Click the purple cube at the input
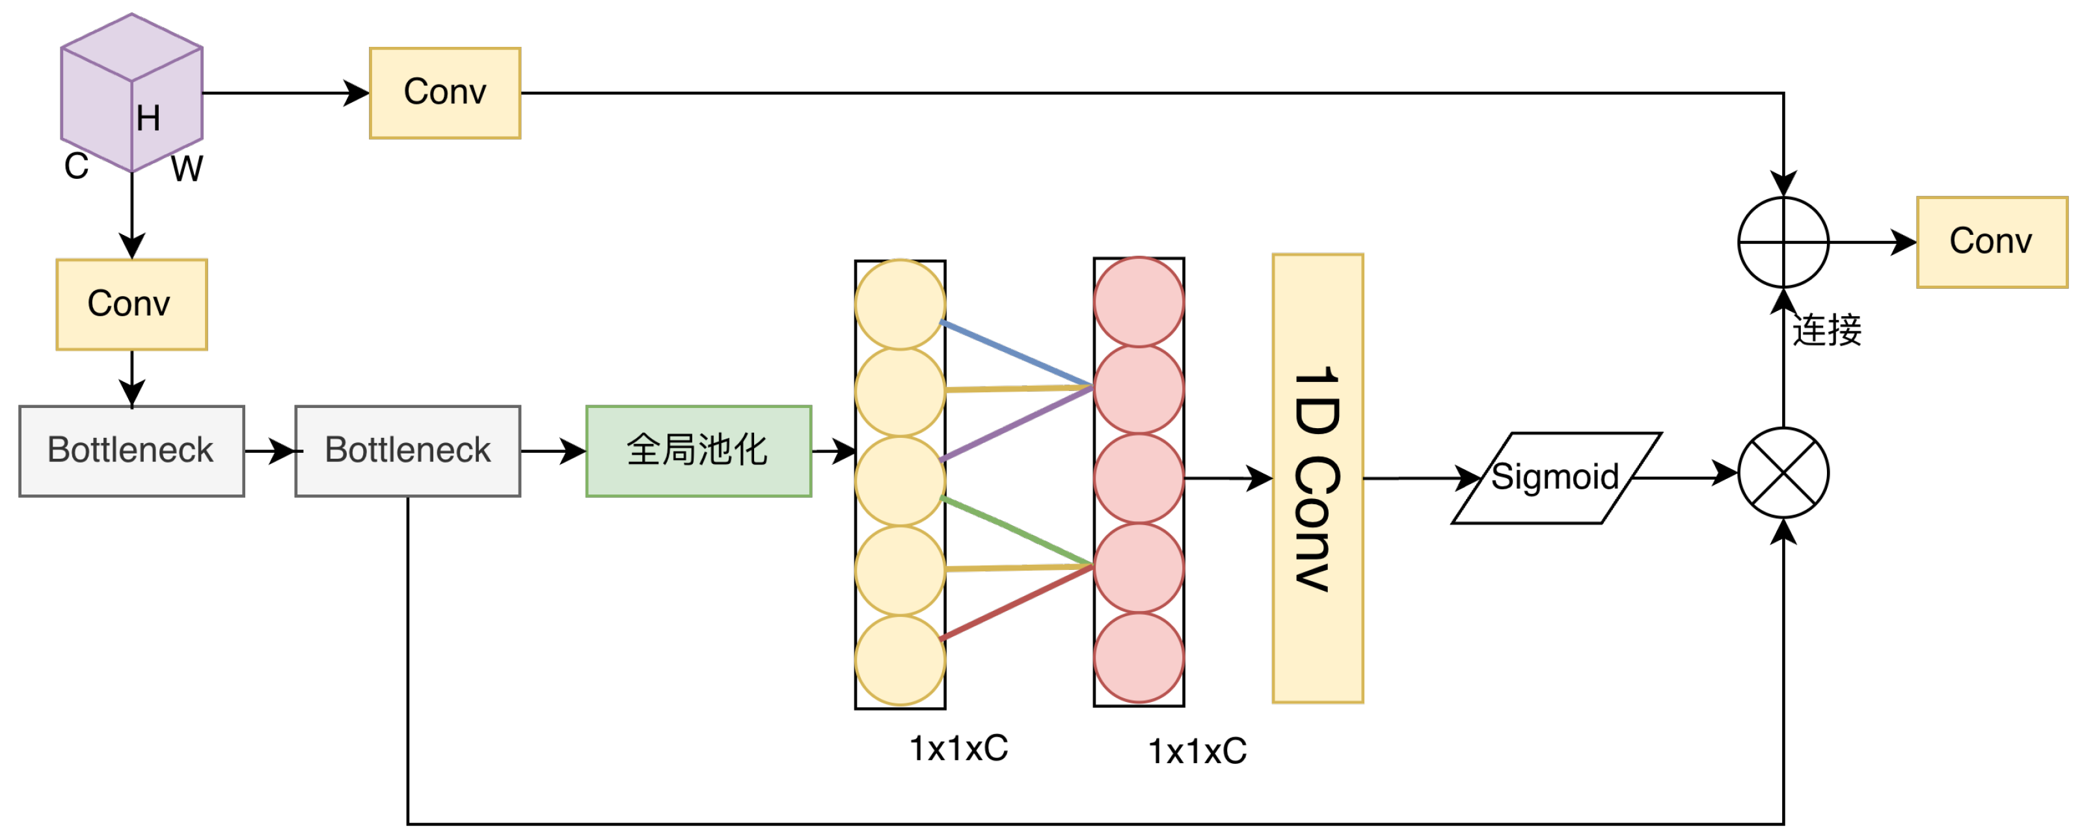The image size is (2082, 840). click(x=131, y=92)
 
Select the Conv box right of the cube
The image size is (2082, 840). click(x=445, y=93)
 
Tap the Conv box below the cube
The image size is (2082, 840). click(x=131, y=304)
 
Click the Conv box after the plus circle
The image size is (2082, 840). click(x=1992, y=242)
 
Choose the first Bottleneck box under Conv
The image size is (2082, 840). click(x=131, y=450)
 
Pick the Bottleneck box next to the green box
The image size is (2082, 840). click(x=408, y=450)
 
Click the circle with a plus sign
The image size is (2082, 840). click(x=1784, y=242)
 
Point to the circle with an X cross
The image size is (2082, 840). click(x=1784, y=473)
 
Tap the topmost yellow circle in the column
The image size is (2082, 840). click(x=900, y=304)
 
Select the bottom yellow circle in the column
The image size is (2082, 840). click(x=900, y=660)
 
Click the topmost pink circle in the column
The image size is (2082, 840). click(x=1139, y=301)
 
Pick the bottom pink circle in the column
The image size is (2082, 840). click(x=1139, y=657)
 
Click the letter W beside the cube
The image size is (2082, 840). click(x=187, y=169)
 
